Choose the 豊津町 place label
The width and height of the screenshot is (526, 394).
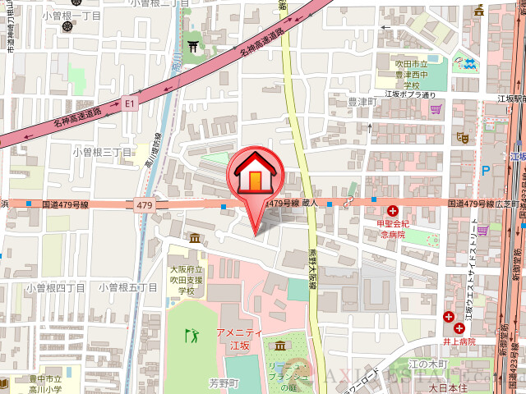tap(361, 102)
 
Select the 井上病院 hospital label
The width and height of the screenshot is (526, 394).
tap(457, 341)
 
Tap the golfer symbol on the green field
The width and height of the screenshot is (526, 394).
tap(192, 335)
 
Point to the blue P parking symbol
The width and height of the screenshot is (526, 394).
tap(486, 171)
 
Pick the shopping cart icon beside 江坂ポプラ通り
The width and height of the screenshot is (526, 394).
tap(436, 108)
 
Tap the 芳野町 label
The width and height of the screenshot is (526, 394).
tap(223, 383)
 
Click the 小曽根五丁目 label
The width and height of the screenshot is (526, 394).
tap(127, 287)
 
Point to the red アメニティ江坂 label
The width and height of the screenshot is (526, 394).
tap(238, 338)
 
